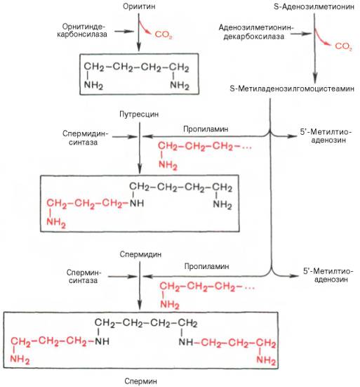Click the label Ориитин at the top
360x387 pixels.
[x=139, y=6]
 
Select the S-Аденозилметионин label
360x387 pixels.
[x=314, y=6]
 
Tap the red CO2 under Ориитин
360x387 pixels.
[x=164, y=35]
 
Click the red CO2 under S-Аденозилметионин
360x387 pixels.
[x=343, y=46]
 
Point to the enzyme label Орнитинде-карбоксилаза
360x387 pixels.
[x=82, y=30]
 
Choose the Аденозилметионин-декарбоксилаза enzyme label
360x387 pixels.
[x=256, y=32]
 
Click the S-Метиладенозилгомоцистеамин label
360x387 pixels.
[x=292, y=88]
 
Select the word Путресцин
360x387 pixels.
[x=139, y=114]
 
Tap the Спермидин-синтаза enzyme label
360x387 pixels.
[x=86, y=138]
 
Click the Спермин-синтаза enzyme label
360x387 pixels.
[x=84, y=277]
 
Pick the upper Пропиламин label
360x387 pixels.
[x=206, y=129]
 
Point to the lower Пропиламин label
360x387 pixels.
[x=206, y=267]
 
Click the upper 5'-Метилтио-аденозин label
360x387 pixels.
[x=326, y=136]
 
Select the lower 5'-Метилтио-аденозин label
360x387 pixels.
[x=328, y=275]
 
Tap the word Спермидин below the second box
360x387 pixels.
[x=140, y=254]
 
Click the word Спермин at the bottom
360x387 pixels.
[x=140, y=381]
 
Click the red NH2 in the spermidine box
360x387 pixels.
[x=56, y=223]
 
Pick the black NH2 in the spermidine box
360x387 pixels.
[x=222, y=204]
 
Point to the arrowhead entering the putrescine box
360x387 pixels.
[x=138, y=48]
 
